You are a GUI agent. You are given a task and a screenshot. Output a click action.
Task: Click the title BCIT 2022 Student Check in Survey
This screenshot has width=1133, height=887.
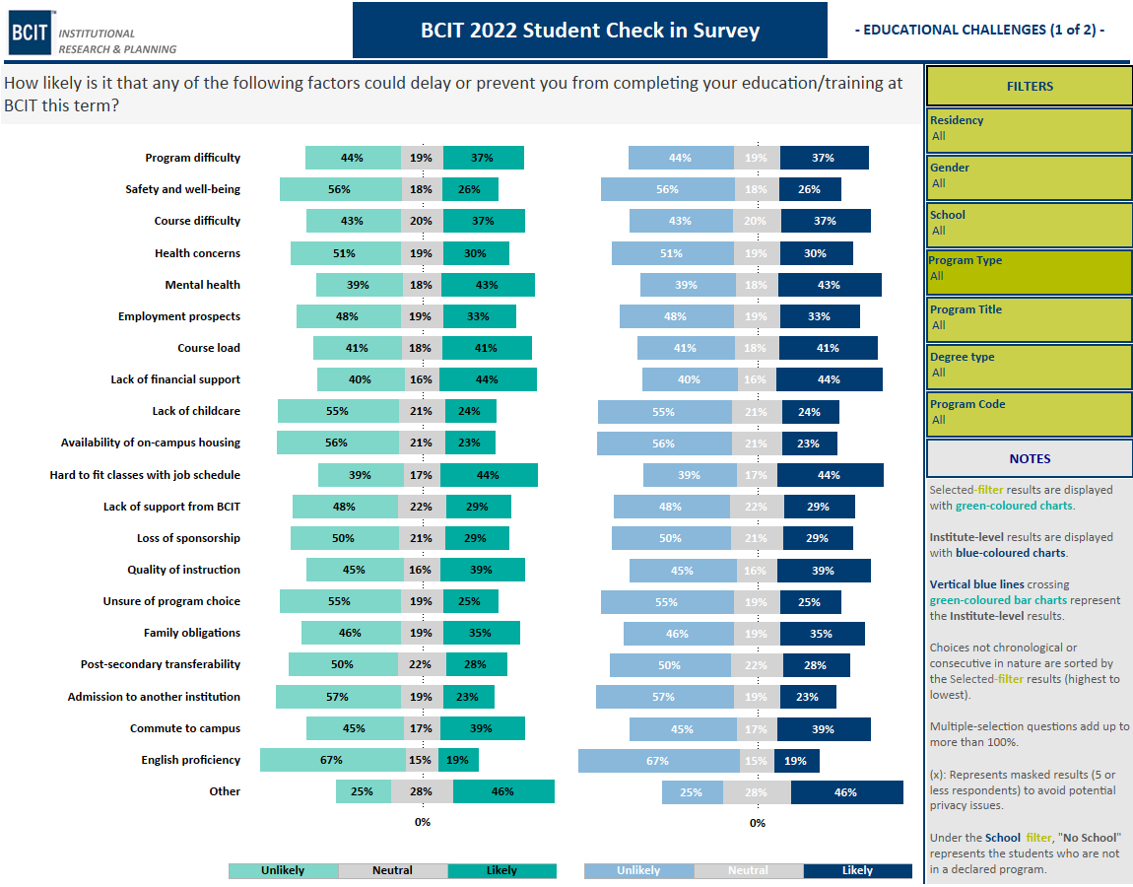590,31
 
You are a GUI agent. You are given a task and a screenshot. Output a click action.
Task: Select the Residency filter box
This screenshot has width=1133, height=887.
1029,129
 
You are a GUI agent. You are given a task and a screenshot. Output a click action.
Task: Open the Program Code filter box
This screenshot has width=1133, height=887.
1029,413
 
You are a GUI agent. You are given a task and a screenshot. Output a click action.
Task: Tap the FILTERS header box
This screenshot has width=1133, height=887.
1029,86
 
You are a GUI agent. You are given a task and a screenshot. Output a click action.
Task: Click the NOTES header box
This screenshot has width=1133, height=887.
1029,458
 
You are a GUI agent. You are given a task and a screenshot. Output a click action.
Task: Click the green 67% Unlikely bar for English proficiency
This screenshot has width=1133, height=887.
332,760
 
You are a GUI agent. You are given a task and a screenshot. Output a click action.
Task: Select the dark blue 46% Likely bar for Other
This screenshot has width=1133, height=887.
846,792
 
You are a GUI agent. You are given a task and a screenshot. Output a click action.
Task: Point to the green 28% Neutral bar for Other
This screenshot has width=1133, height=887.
422,791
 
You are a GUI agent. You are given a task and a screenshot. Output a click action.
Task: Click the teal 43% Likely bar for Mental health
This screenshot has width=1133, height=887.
488,285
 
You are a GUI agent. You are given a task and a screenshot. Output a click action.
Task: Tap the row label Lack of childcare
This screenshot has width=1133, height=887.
195,411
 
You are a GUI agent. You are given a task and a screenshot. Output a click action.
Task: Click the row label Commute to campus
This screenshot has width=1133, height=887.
184,728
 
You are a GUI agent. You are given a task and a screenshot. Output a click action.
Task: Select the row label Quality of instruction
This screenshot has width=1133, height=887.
183,570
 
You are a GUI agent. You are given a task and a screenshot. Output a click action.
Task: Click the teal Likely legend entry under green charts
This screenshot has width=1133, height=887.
501,871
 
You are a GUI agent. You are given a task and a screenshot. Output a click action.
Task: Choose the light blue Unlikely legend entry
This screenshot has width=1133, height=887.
638,871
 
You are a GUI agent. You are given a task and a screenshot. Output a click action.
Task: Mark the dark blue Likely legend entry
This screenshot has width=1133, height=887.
857,871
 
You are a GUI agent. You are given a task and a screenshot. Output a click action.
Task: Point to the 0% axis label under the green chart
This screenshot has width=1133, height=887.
422,822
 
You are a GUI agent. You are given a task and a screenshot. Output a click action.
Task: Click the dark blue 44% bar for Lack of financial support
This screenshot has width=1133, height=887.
829,379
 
